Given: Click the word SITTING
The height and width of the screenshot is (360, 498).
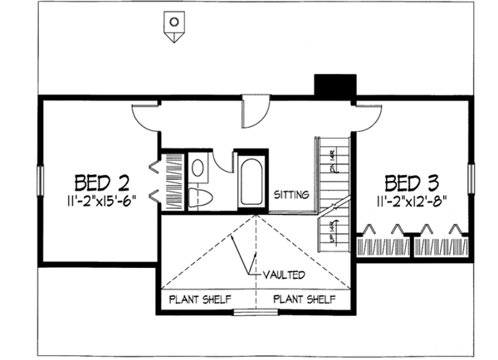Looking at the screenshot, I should pos(291,195).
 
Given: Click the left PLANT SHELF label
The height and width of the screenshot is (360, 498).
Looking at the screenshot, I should pos(200,299).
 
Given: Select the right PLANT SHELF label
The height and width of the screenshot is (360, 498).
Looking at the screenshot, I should pos(305,299).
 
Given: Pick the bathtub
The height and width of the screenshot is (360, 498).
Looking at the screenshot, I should pos(251,182).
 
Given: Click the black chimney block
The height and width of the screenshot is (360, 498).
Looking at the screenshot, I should pos(334,86).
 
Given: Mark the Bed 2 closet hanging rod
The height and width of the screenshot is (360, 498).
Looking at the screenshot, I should pos(173,181).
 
